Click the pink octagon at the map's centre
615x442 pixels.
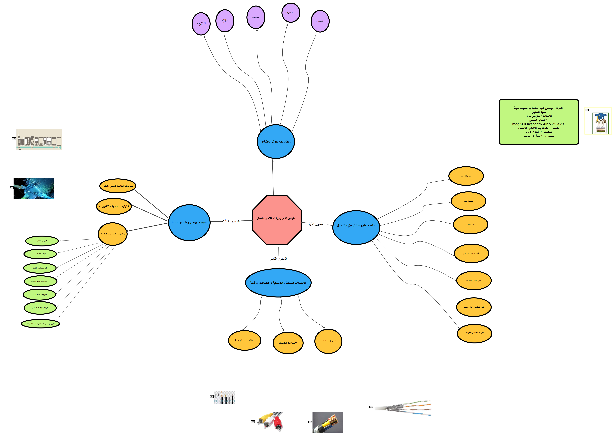click(277, 220)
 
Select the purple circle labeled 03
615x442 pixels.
click(256, 17)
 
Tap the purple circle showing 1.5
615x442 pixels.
click(291, 13)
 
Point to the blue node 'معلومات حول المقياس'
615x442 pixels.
click(276, 141)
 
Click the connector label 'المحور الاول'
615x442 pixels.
click(316, 224)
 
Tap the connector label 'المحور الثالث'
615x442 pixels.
click(231, 221)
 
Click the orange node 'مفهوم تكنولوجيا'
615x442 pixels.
click(466, 176)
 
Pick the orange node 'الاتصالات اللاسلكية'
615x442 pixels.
click(288, 343)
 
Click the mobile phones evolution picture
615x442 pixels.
click(39, 139)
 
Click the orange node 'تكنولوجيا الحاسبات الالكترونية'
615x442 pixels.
click(114, 206)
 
